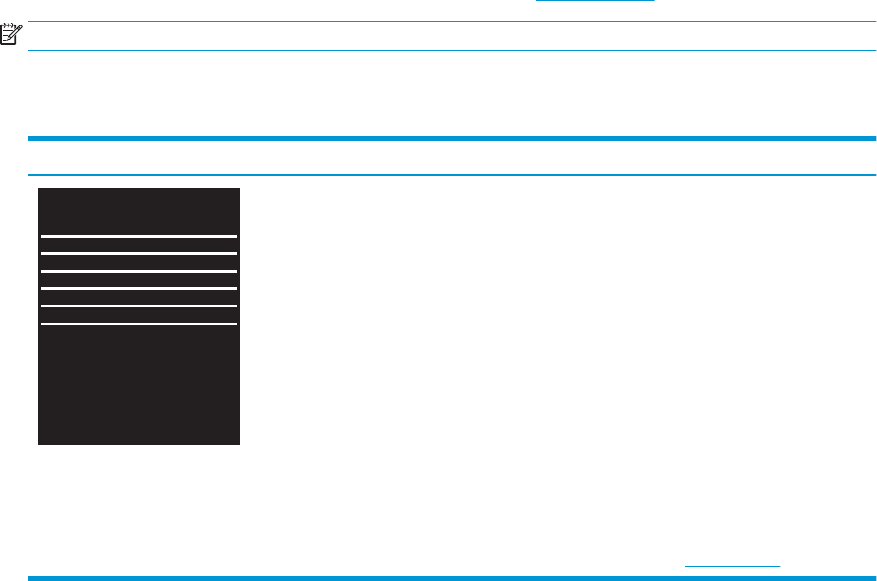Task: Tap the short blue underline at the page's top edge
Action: click(x=594, y=1)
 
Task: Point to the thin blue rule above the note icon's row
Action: click(x=453, y=22)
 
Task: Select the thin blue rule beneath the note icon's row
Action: click(x=453, y=50)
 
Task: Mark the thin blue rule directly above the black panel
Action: click(x=453, y=175)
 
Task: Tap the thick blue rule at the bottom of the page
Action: click(x=453, y=577)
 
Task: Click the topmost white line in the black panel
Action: click(x=138, y=236)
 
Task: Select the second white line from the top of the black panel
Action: click(x=138, y=253)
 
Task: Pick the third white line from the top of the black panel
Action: click(x=138, y=271)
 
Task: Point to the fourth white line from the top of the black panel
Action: click(x=138, y=288)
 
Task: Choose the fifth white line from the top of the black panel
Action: click(x=138, y=306)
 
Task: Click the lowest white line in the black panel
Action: click(x=138, y=324)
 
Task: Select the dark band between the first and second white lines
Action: click(x=138, y=244)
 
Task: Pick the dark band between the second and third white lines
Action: click(x=138, y=262)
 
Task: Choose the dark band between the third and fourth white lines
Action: click(x=138, y=279)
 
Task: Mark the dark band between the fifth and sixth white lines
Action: click(x=138, y=315)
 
